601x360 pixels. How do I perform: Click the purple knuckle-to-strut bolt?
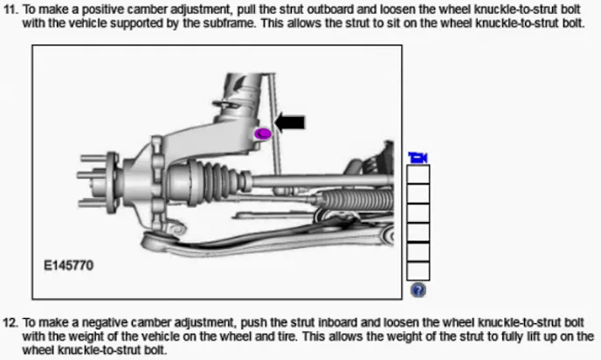[x=262, y=134]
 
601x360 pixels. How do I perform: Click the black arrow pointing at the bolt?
[x=291, y=122]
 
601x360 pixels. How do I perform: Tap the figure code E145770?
[x=69, y=263]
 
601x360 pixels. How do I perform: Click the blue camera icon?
[x=418, y=157]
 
